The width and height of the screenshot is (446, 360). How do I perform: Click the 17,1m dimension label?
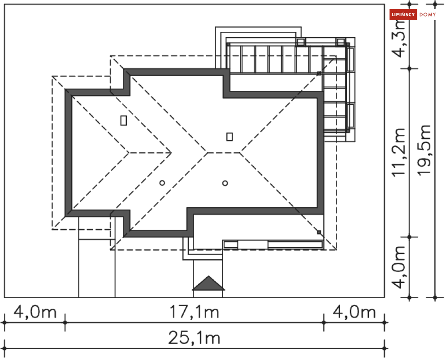194,312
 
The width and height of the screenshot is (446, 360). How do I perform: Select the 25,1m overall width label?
194,338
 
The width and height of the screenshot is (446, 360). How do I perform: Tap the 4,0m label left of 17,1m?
35,312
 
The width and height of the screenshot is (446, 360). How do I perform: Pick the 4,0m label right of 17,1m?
355,312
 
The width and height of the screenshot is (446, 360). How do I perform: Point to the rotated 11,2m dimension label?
398,152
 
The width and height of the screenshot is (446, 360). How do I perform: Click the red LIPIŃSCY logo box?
403,14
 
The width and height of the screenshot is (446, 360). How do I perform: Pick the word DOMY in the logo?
428,14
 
